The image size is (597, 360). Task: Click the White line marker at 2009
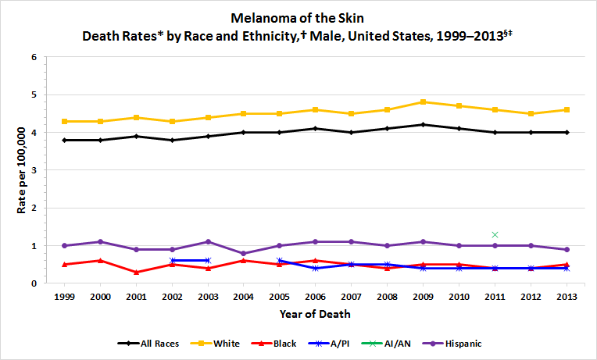pyautogui.click(x=423, y=102)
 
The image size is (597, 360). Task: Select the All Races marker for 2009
pyautogui.click(x=423, y=125)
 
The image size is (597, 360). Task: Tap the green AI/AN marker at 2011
pyautogui.click(x=495, y=234)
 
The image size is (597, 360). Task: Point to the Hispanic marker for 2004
pyautogui.click(x=244, y=253)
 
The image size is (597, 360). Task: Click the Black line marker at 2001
pyautogui.click(x=136, y=272)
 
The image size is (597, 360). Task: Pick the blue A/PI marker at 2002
pyautogui.click(x=172, y=260)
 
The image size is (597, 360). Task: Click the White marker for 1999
pyautogui.click(x=64, y=121)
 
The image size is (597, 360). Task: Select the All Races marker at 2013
pyautogui.click(x=567, y=132)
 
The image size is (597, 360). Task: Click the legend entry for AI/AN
pyautogui.click(x=394, y=343)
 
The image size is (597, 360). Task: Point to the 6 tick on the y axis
pyautogui.click(x=34, y=58)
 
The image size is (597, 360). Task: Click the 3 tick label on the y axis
pyautogui.click(x=34, y=170)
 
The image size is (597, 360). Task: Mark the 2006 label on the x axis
pyautogui.click(x=316, y=297)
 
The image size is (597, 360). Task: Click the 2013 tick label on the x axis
pyautogui.click(x=567, y=297)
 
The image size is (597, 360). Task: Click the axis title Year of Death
pyautogui.click(x=316, y=315)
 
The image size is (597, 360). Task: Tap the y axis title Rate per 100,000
pyautogui.click(x=14, y=169)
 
